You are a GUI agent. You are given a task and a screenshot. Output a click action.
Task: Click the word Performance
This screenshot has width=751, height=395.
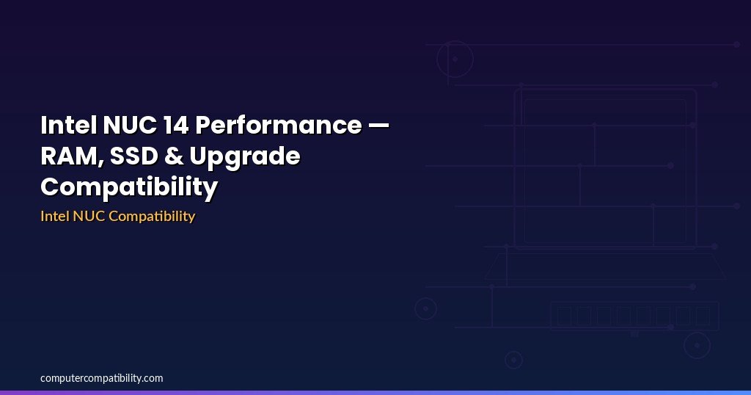(278, 125)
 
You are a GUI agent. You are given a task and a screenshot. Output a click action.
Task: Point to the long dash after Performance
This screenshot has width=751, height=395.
(379, 126)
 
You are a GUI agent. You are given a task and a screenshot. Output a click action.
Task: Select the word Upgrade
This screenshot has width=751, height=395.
(245, 157)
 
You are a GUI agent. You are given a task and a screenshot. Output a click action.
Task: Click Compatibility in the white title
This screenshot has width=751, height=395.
(129, 187)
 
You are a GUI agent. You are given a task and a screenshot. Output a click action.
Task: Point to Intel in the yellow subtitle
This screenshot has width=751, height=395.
(55, 216)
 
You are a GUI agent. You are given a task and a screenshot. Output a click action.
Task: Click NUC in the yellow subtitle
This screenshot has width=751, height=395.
(89, 216)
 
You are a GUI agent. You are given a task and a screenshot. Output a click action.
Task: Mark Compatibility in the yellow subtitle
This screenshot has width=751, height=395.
(152, 217)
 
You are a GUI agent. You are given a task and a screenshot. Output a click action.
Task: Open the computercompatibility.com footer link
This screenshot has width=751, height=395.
(101, 378)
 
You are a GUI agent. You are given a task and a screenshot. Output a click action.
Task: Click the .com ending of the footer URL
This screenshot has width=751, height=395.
(153, 378)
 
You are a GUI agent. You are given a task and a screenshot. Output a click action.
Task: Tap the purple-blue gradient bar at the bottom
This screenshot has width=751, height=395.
(375, 393)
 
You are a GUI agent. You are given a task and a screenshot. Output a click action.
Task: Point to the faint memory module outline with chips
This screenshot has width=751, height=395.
(634, 316)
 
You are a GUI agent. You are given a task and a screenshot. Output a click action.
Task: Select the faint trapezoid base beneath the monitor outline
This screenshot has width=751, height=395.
(605, 266)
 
